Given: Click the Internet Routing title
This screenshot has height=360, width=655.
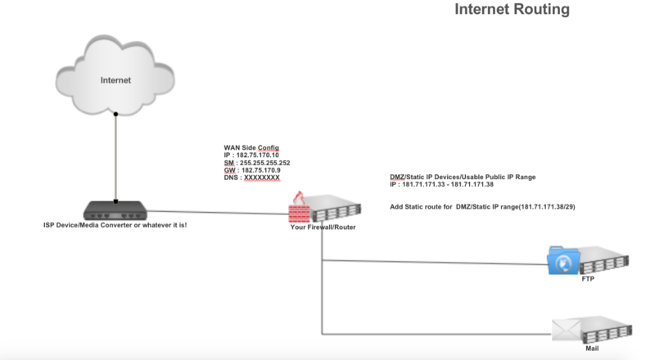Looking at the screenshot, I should tap(511, 11).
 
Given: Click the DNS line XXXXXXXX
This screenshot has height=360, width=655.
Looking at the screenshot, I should tap(251, 178).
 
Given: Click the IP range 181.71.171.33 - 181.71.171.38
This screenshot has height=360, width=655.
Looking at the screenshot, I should tap(447, 186).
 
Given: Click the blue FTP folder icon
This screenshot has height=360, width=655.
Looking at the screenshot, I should tap(565, 262).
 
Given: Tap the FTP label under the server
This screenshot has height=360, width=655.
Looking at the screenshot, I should tap(587, 279).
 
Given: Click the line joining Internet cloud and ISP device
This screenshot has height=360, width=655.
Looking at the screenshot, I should tap(116, 155).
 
